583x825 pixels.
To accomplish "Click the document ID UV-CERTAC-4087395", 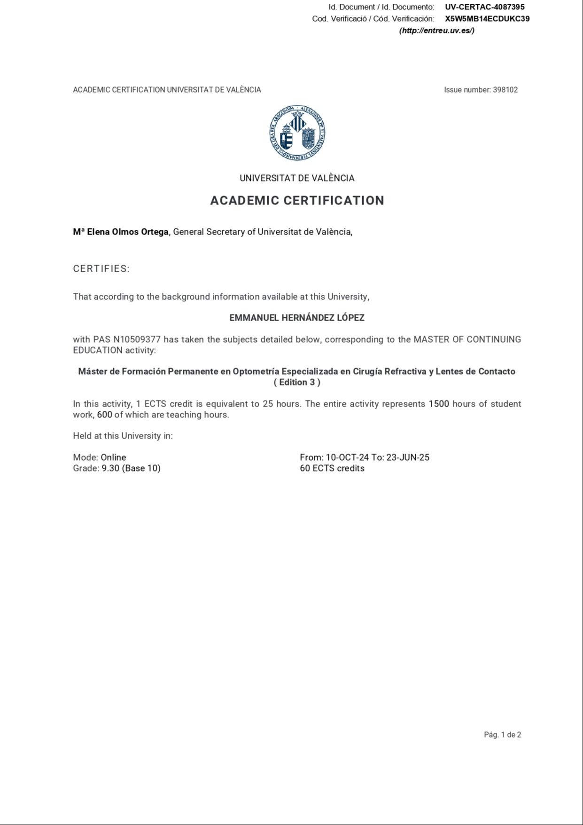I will (x=485, y=7).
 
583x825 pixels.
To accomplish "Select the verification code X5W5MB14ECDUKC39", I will (x=487, y=19).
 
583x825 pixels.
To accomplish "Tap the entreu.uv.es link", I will (x=436, y=31).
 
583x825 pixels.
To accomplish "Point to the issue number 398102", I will (x=505, y=90).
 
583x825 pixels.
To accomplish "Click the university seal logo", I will (x=297, y=133).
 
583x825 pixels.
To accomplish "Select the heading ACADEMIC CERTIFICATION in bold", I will (x=297, y=201).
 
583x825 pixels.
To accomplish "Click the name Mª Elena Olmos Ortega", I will (x=121, y=232).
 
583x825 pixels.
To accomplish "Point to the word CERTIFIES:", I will (x=101, y=269).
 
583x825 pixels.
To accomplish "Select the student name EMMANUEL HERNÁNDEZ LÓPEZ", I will (x=297, y=318).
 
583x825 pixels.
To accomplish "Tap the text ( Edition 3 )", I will (x=297, y=382).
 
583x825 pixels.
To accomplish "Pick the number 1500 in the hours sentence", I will (x=439, y=404).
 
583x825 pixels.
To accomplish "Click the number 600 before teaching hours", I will (x=104, y=415).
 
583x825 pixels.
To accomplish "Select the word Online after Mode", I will (x=113, y=457).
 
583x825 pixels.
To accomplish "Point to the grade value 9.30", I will (x=110, y=468).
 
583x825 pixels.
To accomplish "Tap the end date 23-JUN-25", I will (x=408, y=457).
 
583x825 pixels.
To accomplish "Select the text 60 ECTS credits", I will (x=332, y=468).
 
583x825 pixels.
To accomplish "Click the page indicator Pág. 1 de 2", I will (x=502, y=735).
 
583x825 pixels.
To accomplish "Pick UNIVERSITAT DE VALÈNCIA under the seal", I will (x=297, y=178).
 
